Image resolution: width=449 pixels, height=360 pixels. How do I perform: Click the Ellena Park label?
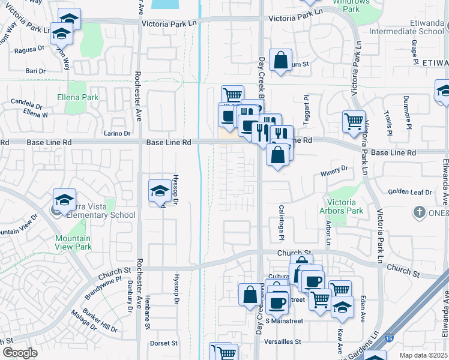pos(77,97)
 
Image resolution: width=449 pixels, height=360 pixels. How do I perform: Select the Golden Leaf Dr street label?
pos(410,192)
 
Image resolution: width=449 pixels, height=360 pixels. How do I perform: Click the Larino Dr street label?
pos(116,133)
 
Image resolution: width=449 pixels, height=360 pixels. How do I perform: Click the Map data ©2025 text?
pos(424,355)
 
